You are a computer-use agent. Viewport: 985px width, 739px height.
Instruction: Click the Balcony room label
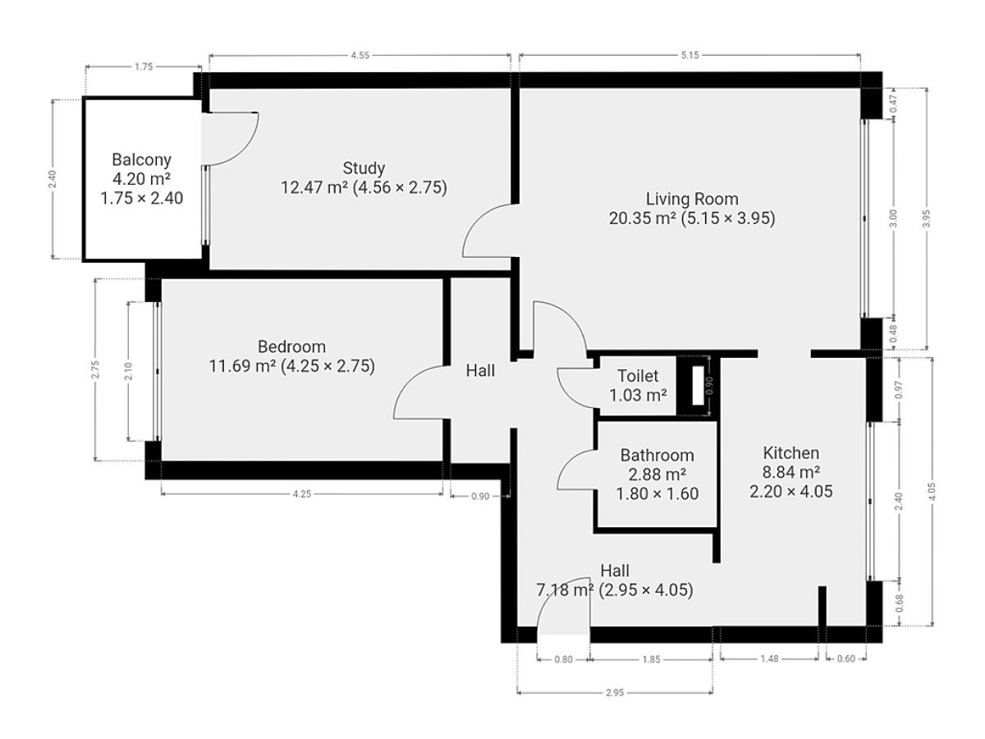pos(141,160)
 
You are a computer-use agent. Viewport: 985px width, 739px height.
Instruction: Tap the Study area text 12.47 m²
pos(314,187)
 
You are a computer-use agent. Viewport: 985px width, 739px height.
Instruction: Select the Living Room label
pos(691,200)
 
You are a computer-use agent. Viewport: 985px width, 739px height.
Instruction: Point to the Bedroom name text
pos(291,347)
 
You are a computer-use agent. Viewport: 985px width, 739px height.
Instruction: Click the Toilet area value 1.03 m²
pos(638,395)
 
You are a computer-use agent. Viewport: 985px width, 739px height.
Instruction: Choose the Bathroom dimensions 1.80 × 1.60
pos(657,494)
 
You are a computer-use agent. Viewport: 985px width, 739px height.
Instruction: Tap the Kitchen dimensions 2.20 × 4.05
pos(790,491)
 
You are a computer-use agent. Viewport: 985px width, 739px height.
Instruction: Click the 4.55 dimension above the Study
pos(360,56)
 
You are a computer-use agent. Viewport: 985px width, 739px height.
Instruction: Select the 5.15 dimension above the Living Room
pos(689,56)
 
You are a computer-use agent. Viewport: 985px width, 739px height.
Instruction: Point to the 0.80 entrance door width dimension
pos(564,659)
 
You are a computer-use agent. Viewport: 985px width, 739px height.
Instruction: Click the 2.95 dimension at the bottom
pos(615,693)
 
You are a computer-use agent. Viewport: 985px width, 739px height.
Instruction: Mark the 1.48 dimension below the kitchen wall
pos(770,659)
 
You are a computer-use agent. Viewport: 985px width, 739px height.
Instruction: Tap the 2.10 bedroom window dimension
pos(129,371)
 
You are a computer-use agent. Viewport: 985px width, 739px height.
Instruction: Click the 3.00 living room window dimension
pos(893,218)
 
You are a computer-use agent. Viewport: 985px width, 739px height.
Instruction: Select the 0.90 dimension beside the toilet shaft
pos(709,386)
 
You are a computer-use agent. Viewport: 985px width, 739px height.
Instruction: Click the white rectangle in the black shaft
pos(698,386)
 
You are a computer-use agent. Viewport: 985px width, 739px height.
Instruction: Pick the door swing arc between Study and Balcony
pos(247,149)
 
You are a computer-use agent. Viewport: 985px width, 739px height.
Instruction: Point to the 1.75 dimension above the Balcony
pos(144,67)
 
